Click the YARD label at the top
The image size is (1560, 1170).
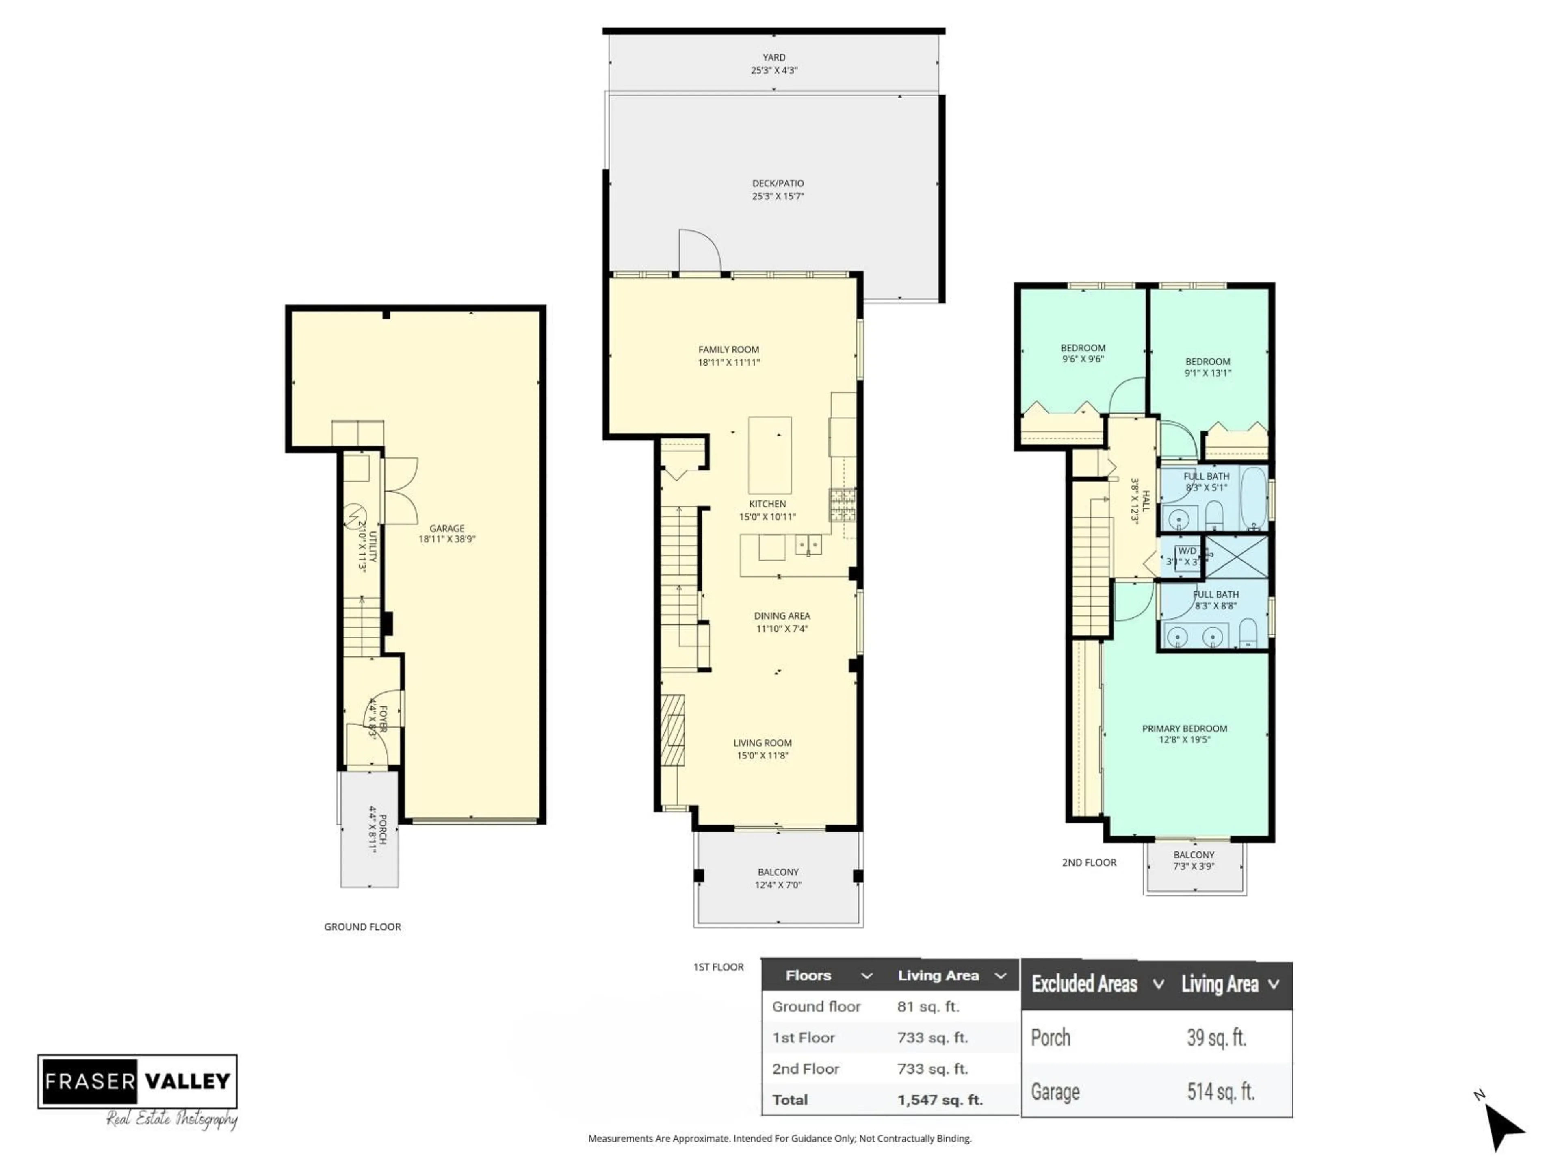[773, 58]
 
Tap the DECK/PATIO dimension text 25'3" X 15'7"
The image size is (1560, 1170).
[777, 197]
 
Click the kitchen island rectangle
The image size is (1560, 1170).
[769, 455]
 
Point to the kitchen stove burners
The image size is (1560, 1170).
[842, 505]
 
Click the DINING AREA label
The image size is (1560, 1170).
[781, 616]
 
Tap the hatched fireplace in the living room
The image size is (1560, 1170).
[672, 730]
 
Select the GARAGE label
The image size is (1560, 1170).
[446, 528]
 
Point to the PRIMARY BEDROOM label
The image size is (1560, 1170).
[1184, 728]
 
